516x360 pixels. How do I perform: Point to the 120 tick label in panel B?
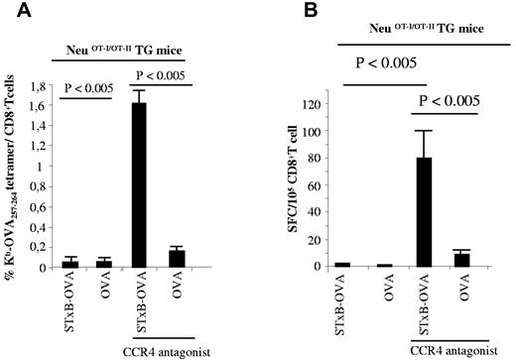point(321,104)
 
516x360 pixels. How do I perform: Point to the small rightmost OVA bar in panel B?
point(461,259)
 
